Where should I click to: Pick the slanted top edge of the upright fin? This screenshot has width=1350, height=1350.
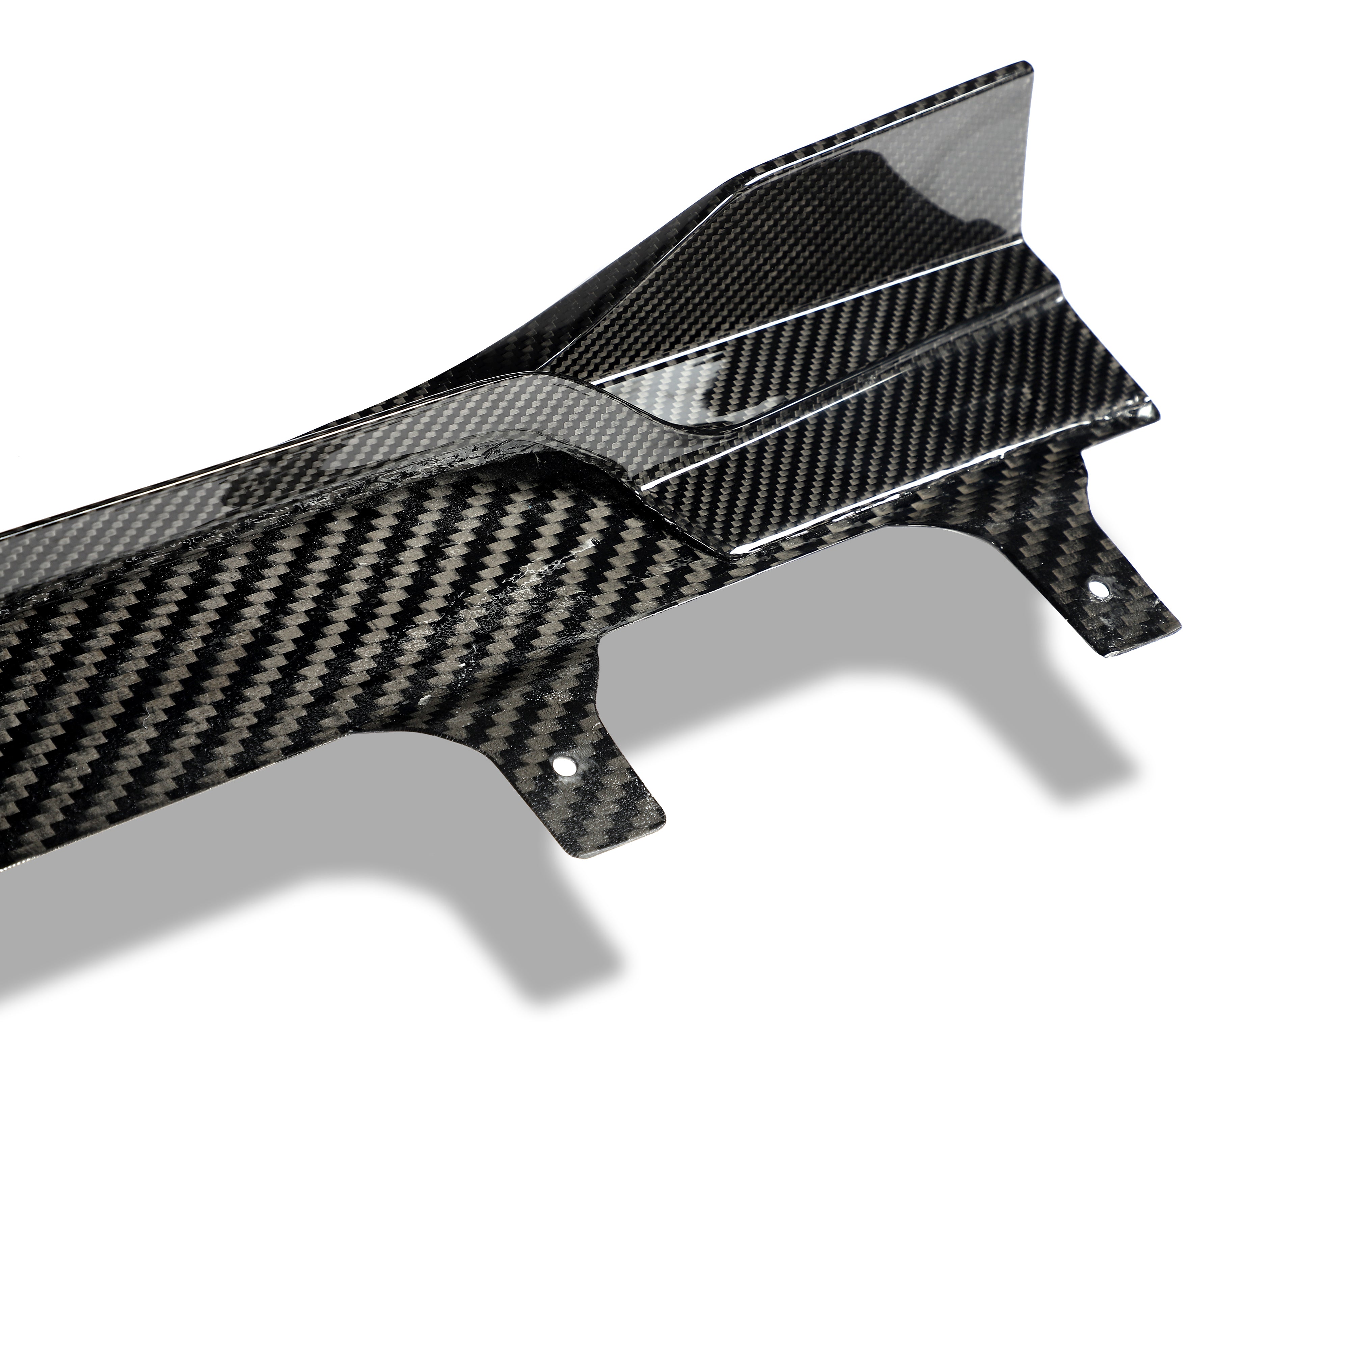[873, 119]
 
